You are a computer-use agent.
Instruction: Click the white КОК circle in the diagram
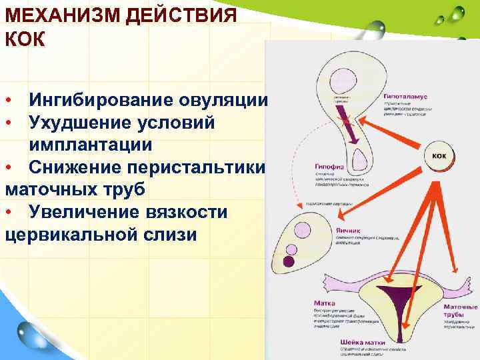point(439,155)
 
